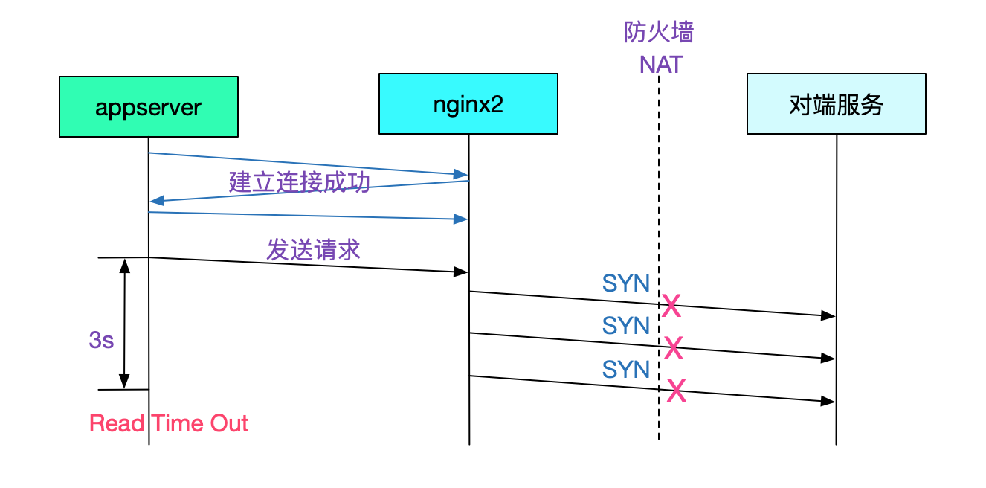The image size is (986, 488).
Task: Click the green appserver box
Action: (149, 106)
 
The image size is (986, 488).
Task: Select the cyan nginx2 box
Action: (468, 103)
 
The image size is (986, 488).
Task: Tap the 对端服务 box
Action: (836, 103)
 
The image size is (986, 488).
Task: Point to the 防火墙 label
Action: (659, 33)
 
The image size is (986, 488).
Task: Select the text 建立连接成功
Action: (299, 182)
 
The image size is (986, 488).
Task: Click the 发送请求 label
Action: (313, 249)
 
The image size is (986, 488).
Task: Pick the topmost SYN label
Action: (626, 283)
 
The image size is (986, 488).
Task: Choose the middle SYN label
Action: (626, 326)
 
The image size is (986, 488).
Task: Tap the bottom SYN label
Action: (626, 369)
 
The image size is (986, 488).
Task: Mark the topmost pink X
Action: (671, 306)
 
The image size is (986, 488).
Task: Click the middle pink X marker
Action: (673, 348)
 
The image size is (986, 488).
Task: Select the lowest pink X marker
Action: (676, 391)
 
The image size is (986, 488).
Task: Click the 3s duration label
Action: (101, 340)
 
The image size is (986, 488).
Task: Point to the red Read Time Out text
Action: (169, 423)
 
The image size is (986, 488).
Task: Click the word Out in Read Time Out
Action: (228, 423)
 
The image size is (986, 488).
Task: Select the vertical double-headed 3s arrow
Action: (124, 323)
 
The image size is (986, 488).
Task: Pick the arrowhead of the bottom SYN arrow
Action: (829, 402)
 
